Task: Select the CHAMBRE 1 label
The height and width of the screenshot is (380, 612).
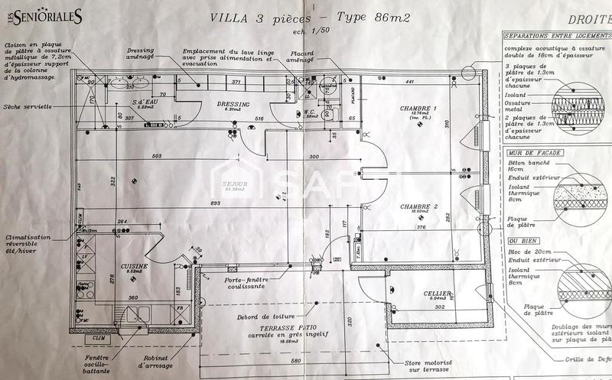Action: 418,109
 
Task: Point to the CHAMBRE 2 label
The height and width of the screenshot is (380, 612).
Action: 418,206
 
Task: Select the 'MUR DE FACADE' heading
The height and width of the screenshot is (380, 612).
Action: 535,153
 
